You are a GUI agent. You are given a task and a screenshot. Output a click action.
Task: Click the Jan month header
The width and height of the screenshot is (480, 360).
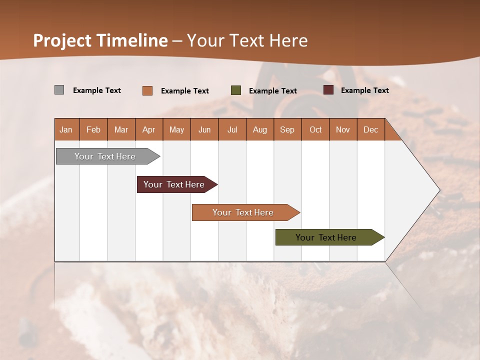coord(66,129)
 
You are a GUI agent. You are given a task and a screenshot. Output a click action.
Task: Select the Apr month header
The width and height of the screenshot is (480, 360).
coord(148,129)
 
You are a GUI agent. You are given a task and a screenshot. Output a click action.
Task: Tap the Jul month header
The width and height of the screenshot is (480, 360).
coord(232,129)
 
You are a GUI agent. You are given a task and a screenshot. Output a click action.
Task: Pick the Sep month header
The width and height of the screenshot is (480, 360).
coord(287,129)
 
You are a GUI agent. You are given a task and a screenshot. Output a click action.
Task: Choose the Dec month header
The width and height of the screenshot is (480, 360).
coord(370,129)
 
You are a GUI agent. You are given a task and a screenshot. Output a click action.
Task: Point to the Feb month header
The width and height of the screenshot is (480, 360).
coord(93,129)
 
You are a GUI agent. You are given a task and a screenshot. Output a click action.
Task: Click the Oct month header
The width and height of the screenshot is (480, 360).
coord(315,129)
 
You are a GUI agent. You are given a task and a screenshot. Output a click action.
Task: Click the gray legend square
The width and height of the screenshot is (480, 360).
coord(59,90)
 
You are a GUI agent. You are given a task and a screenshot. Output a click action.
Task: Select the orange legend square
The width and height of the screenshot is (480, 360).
coord(147,90)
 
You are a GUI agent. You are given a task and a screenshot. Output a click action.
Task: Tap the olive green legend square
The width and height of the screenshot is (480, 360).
coord(236,90)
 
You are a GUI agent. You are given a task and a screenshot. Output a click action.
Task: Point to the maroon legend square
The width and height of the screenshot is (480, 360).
coord(328,90)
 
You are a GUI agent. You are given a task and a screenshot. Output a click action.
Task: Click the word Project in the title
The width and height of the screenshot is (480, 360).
coord(62,40)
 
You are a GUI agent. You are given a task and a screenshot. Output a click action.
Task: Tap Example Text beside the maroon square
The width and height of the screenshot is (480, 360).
coord(364,90)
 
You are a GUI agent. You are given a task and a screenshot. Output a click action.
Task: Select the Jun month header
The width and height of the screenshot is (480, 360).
coord(204,129)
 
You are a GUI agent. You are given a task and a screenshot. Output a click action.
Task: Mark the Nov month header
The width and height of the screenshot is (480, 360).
coord(343,129)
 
